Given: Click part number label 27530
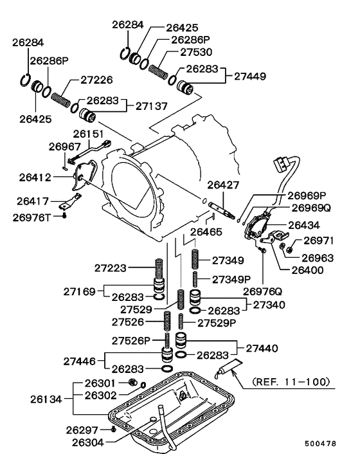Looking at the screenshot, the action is click(196, 52).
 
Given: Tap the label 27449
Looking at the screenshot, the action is click(249, 76).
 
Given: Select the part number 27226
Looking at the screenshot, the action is click(96, 80).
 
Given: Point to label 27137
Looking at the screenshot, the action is click(151, 106).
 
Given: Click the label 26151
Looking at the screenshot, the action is click(88, 134).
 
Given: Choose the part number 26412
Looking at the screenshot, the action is click(35, 177).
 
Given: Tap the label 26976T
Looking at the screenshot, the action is click(32, 217).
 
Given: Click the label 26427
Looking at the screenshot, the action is click(223, 185).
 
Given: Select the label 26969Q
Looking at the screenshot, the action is click(311, 208).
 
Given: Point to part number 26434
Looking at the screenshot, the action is click(304, 225).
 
